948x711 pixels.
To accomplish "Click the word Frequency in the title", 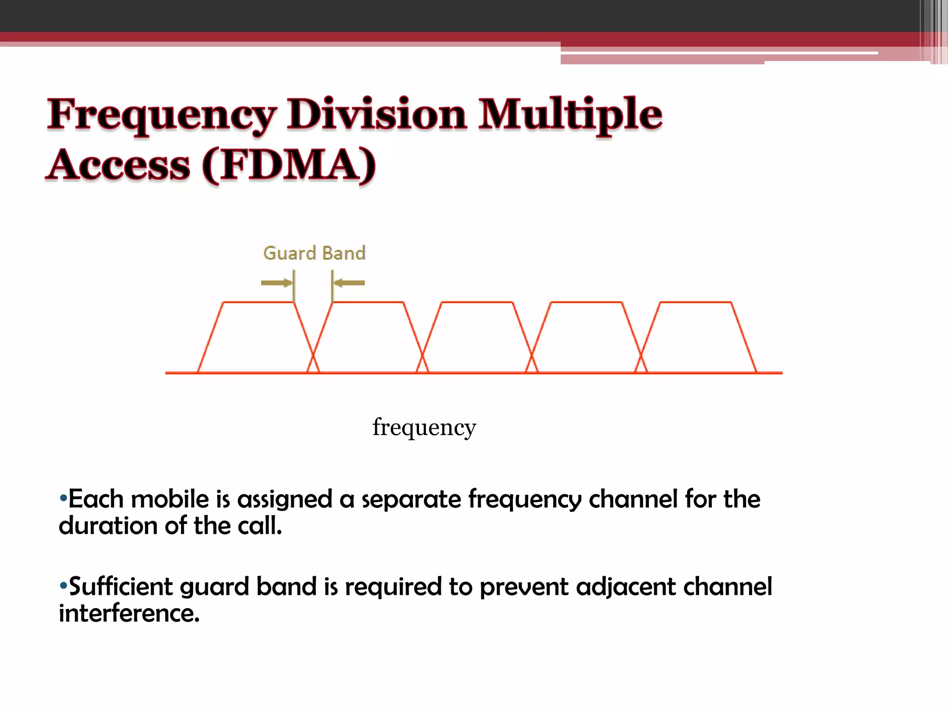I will coord(162,115).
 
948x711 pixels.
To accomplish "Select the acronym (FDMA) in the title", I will coord(289,165).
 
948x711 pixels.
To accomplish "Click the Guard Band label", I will coord(314,253).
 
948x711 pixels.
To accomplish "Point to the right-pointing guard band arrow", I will coord(277,283).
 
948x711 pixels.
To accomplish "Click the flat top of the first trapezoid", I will coord(258,302).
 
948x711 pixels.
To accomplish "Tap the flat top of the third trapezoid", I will coord(477,302).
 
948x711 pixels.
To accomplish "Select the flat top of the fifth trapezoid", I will coord(695,302).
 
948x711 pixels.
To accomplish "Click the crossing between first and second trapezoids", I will coord(313,356).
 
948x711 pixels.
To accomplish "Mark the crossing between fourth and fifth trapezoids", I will coord(641,356).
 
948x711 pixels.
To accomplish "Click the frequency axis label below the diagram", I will coord(424,427).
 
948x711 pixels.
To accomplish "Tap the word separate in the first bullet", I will coord(411,499).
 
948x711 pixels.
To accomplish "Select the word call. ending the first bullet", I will coord(260,526).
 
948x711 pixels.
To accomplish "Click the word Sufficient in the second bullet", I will coord(120,586).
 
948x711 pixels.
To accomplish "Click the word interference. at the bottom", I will coord(129,613).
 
